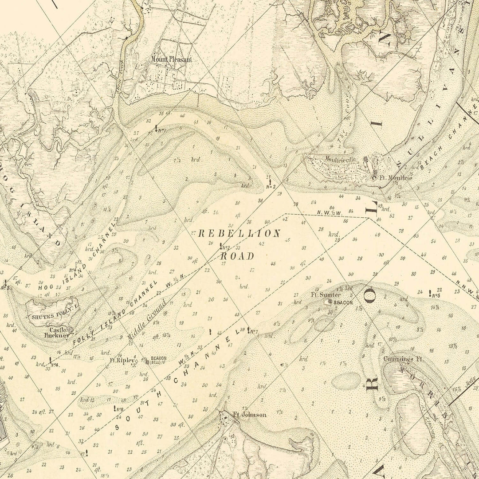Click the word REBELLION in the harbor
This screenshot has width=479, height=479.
click(x=239, y=234)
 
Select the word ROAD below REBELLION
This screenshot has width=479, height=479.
click(x=238, y=256)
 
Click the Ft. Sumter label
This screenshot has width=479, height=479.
click(x=326, y=295)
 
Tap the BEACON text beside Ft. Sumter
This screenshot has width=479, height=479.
click(x=343, y=302)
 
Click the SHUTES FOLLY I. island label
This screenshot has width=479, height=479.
click(x=48, y=317)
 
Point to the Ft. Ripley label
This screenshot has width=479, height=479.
click(x=123, y=361)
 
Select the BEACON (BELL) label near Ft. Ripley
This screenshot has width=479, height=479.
click(x=158, y=360)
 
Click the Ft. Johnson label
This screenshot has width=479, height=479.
click(x=250, y=415)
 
